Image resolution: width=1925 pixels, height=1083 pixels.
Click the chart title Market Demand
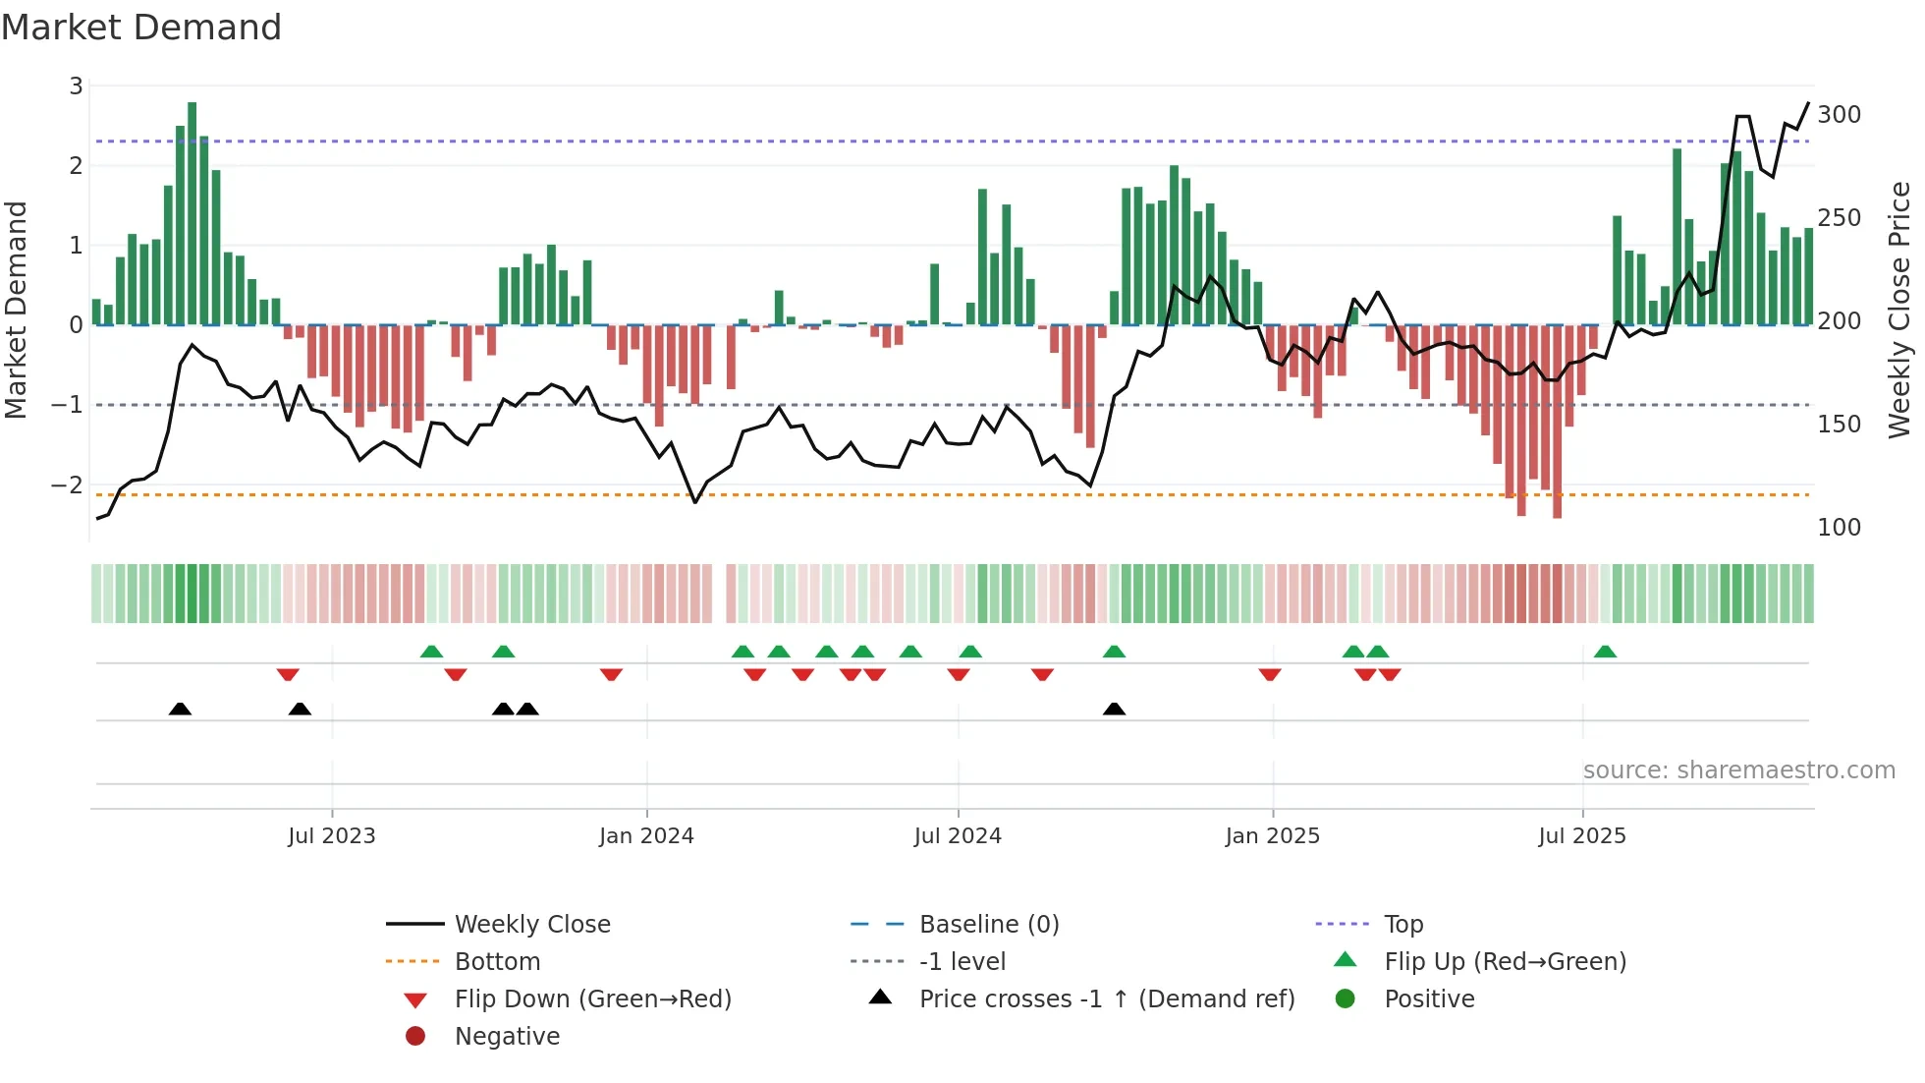141,28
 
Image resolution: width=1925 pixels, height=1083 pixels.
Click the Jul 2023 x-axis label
331,836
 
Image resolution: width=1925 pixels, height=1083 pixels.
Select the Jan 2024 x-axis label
646,836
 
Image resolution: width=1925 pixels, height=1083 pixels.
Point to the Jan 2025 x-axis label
1272,836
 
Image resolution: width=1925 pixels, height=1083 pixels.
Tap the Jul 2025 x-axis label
1581,836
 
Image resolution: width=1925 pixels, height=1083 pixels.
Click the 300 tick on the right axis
1839,115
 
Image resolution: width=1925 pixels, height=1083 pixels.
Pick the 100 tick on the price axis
1839,528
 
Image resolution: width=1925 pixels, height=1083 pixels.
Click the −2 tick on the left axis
67,485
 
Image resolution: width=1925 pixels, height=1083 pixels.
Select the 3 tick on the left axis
76,86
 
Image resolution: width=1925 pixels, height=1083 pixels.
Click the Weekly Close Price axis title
1899,310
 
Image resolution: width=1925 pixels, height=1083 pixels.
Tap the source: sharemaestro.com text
1738,770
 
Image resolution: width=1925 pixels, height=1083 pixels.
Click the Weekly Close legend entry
531,925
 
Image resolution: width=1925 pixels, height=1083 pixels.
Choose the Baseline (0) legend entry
988,925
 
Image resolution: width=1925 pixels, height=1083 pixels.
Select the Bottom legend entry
497,962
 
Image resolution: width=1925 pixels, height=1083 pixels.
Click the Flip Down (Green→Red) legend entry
592,999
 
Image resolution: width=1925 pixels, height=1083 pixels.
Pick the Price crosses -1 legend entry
1106,999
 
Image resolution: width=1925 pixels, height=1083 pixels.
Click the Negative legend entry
507,1037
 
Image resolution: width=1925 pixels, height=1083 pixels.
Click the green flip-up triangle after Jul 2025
1605,652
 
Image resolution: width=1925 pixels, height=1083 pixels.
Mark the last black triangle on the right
1114,709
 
